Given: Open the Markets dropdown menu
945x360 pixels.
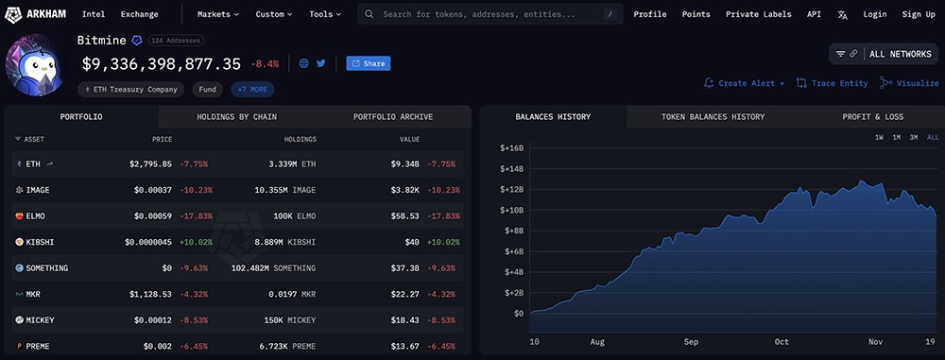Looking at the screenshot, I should click(x=217, y=14).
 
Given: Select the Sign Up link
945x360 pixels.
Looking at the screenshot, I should click(x=918, y=14).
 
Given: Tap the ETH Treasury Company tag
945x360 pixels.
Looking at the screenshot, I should click(x=131, y=90).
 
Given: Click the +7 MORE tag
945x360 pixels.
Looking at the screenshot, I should click(x=252, y=90).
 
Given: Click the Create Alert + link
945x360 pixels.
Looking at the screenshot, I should click(x=744, y=83).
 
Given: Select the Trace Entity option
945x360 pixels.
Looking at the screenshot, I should click(x=833, y=83).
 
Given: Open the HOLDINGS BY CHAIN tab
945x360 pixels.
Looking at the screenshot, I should click(x=235, y=117).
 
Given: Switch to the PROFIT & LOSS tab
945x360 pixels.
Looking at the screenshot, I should click(x=872, y=117).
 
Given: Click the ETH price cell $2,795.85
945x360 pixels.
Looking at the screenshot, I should click(x=150, y=163).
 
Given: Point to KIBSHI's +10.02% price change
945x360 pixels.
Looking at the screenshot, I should click(x=198, y=242).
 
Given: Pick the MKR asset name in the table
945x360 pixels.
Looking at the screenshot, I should click(x=35, y=294).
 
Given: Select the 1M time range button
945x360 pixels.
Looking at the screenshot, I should click(x=896, y=138).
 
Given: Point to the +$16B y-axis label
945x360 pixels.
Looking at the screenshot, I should click(x=510, y=148).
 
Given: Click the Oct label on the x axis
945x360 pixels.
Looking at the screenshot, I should click(x=781, y=340).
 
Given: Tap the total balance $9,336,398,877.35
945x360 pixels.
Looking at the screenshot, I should click(x=162, y=64).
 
